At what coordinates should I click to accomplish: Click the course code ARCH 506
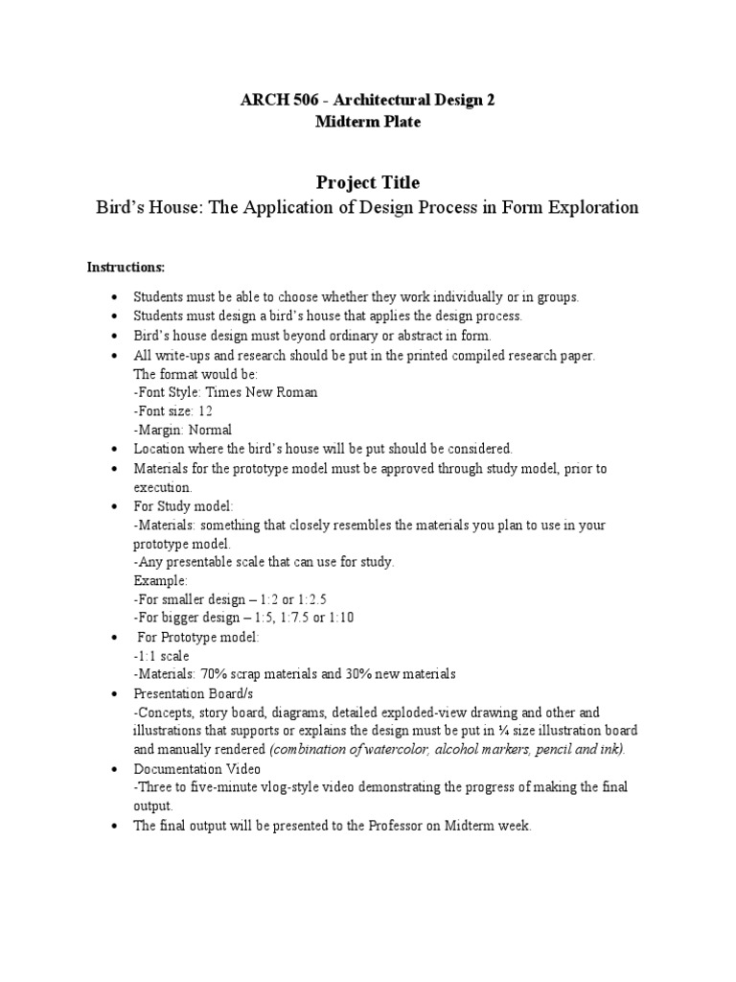[x=274, y=101]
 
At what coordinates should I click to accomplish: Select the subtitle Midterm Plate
[x=368, y=122]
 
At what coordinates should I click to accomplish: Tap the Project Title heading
[x=368, y=182]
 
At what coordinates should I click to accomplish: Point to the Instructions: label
[x=126, y=266]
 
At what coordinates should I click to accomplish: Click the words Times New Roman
[x=263, y=392]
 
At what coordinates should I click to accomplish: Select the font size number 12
[x=205, y=410]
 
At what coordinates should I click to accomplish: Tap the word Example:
[x=161, y=580]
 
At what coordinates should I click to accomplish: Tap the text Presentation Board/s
[x=194, y=693]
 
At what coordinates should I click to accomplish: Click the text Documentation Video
[x=195, y=768]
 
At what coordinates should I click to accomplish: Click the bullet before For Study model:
[x=115, y=505]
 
